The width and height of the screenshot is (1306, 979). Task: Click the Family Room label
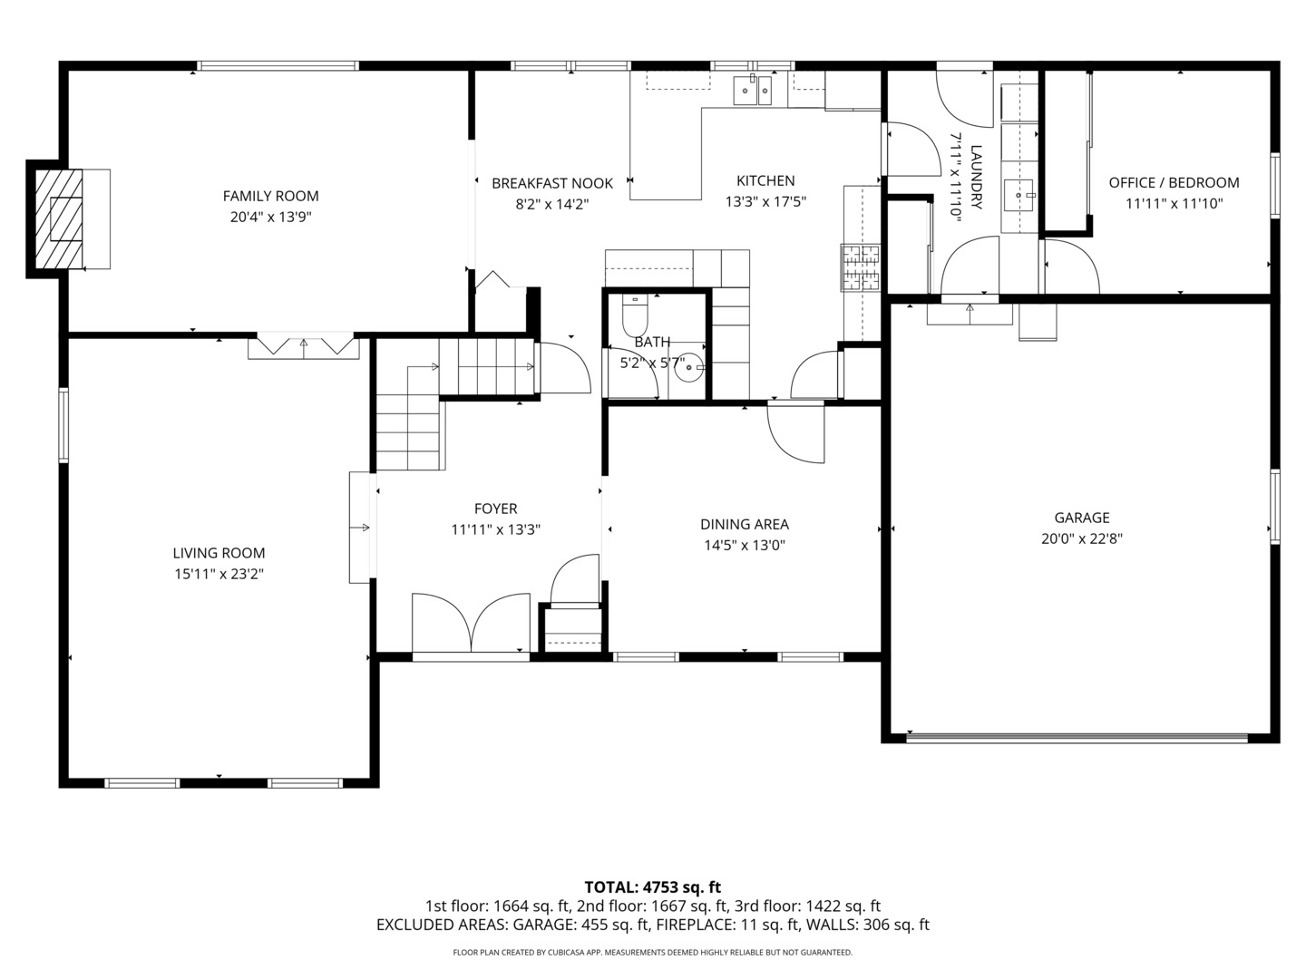pos(270,196)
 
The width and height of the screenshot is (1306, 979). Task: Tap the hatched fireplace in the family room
pos(59,218)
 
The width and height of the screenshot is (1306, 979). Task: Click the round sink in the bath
pos(688,367)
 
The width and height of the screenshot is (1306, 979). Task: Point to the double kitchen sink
pos(752,91)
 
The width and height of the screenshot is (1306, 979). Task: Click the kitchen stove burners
pos(860,267)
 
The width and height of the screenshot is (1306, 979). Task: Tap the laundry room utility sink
pos(1018,195)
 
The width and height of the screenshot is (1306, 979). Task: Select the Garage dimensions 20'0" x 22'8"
pos(1082,538)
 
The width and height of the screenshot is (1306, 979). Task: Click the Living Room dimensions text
pos(219,574)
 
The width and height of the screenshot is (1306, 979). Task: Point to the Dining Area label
pos(745,524)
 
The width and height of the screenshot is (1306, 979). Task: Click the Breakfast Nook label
pos(552,183)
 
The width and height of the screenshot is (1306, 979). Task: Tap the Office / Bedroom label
pos(1174,182)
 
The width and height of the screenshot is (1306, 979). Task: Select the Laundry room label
pos(976,177)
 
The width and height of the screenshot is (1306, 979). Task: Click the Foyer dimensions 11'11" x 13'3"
pos(495,529)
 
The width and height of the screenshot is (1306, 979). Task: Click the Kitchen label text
pos(765,180)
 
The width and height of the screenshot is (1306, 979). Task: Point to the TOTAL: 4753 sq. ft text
pos(652,887)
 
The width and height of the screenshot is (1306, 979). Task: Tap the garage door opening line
pos(1077,737)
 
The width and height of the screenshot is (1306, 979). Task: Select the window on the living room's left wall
pos(63,424)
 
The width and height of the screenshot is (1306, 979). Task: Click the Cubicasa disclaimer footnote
pos(652,952)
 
